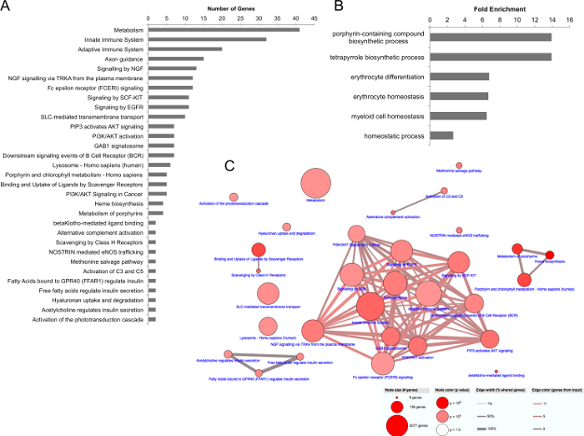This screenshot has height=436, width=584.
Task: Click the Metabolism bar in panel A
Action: (x=224, y=29)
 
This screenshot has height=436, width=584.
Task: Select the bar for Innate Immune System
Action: (x=207, y=38)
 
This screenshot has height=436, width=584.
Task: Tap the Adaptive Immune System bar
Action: (x=185, y=48)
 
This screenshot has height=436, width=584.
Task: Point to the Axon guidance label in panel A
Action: (x=121, y=58)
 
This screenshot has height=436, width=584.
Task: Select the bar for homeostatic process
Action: (x=441, y=134)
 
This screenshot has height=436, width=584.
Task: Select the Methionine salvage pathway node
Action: (x=459, y=166)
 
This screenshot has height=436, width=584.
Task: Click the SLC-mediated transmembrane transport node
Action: (x=268, y=294)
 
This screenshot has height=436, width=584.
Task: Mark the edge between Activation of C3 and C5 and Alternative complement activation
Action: (x=419, y=201)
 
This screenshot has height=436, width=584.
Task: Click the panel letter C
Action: (x=230, y=165)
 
